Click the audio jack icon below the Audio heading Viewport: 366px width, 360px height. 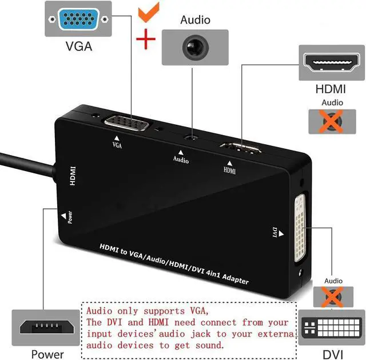click(x=196, y=46)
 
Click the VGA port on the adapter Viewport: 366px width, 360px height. click(x=126, y=124)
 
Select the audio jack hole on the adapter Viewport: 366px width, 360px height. click(x=190, y=137)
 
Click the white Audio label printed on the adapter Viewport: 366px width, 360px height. click(x=181, y=160)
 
